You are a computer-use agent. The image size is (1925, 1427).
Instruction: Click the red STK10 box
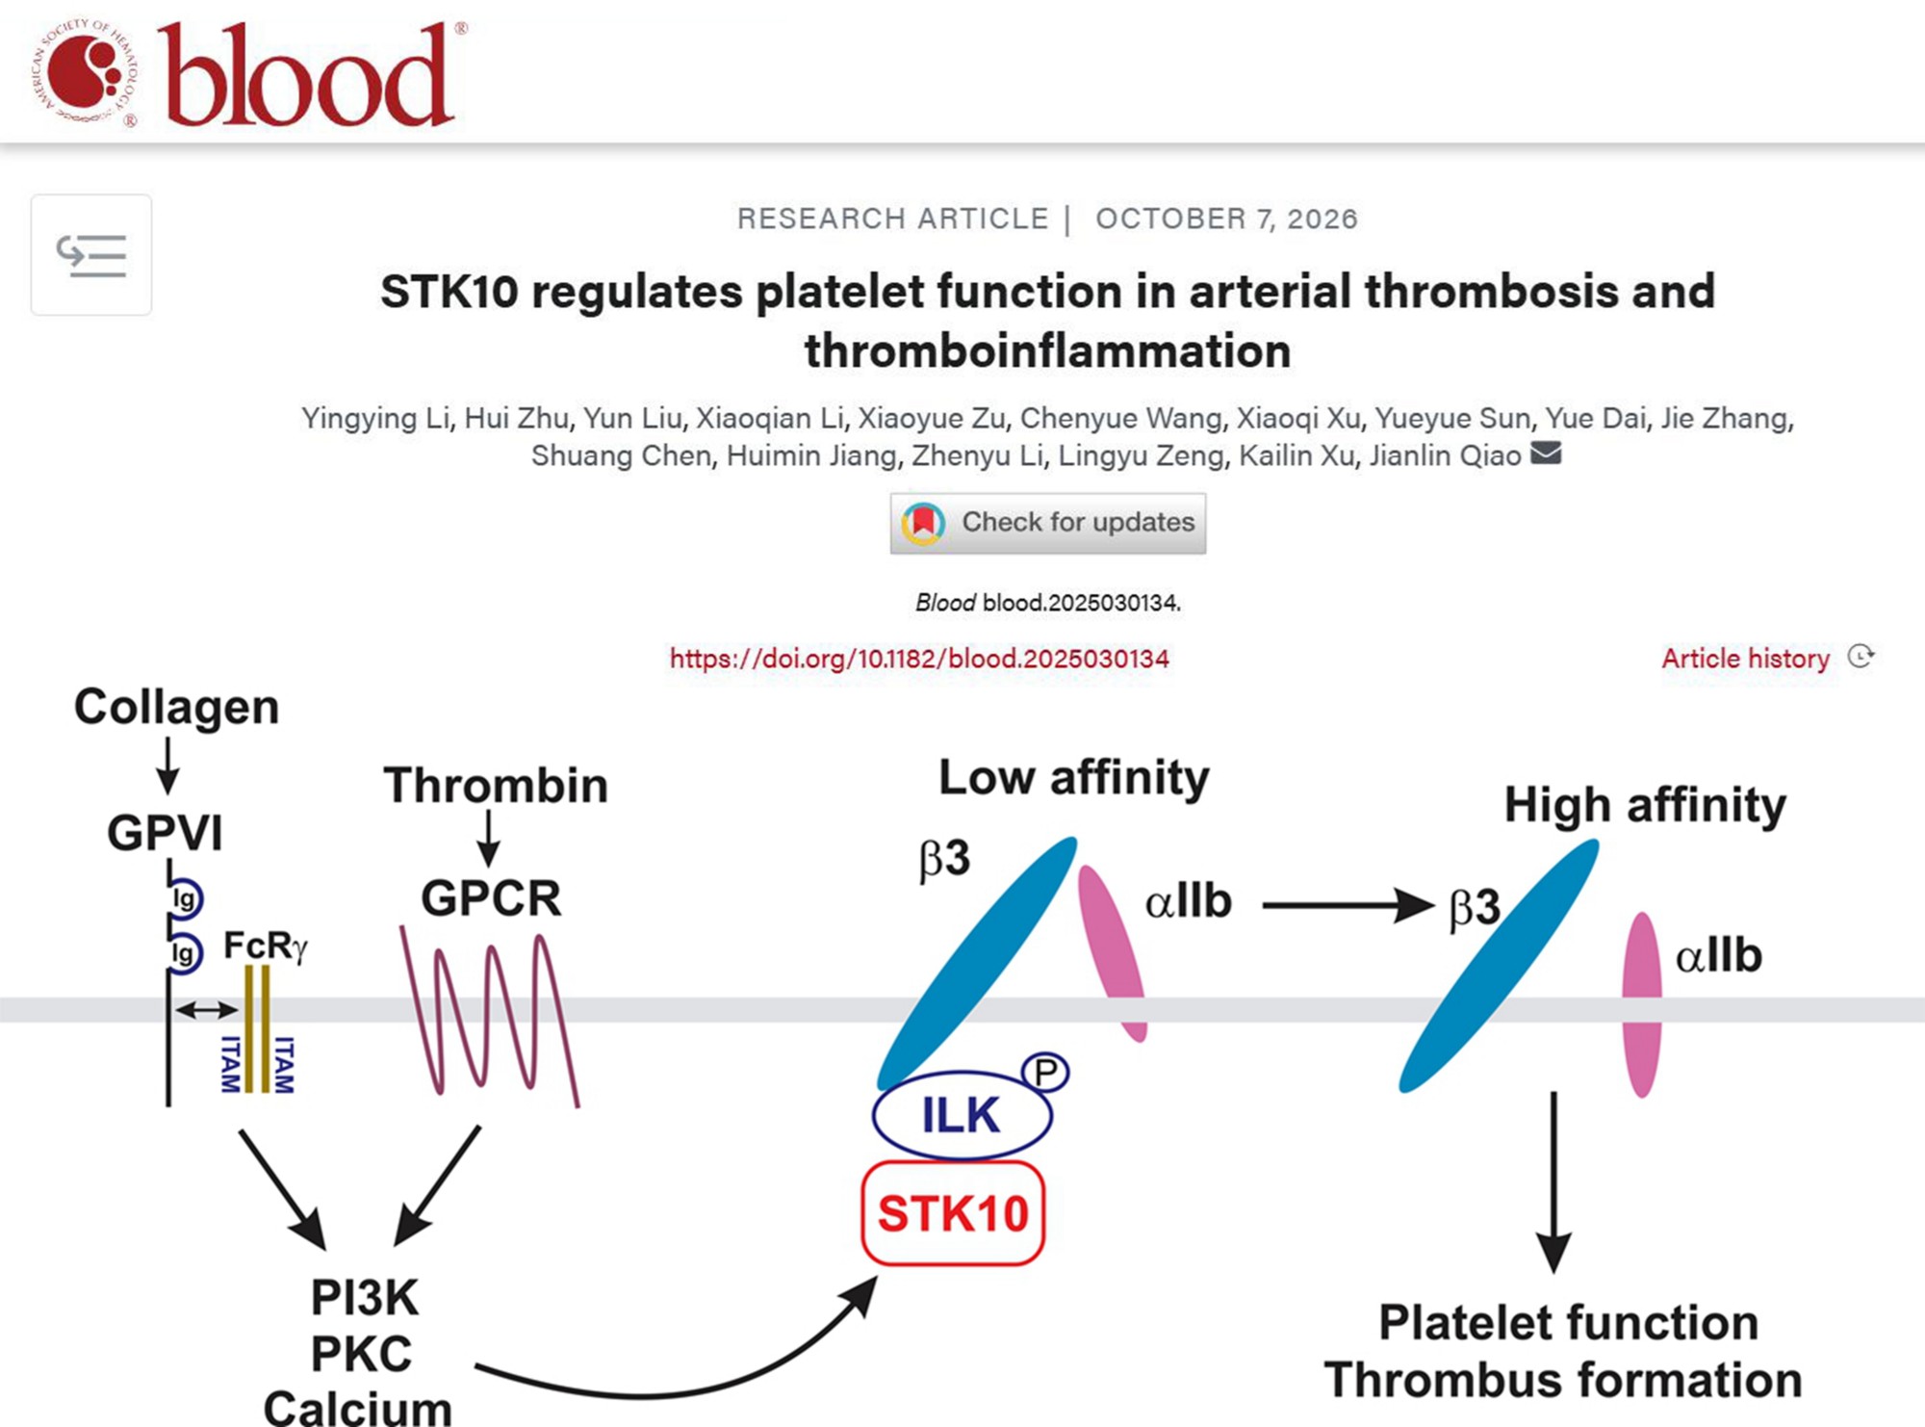point(953,1213)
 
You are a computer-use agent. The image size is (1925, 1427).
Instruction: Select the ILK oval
point(962,1115)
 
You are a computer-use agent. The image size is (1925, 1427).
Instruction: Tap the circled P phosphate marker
point(1045,1072)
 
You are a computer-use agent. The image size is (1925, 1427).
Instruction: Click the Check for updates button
point(1047,523)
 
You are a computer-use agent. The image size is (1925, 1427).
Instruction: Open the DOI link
point(919,659)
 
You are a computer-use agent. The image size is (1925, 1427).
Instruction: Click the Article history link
point(1745,659)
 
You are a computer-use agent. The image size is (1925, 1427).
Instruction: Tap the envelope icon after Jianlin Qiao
point(1546,453)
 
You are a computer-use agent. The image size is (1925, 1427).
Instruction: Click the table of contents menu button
point(91,255)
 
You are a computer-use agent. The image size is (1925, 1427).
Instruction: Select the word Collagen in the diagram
point(177,707)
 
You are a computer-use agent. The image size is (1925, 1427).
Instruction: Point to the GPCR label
point(491,898)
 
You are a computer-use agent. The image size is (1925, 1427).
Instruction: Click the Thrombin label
point(496,785)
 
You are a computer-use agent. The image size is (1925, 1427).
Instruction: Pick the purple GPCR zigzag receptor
point(490,1016)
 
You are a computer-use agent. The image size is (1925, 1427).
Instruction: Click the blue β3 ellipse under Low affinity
point(976,963)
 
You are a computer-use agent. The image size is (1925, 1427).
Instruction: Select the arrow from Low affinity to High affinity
point(1347,905)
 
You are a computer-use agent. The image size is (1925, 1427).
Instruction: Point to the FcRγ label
point(266,946)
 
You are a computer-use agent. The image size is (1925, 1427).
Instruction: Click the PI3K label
point(365,1298)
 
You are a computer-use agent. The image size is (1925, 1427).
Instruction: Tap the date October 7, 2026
point(1226,220)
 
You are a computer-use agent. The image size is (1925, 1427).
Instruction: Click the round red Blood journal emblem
point(87,72)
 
